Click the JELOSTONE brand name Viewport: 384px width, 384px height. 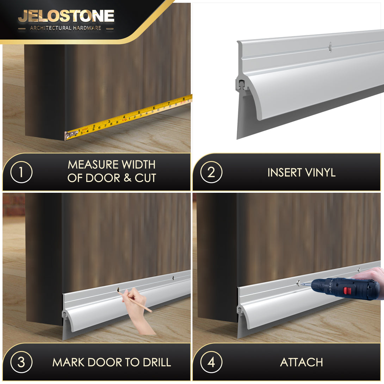tap(66, 16)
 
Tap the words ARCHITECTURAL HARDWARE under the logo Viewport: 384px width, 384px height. tap(66, 28)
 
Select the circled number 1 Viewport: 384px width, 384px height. tap(21, 172)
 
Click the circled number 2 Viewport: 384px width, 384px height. tap(211, 172)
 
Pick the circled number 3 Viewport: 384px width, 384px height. tap(21, 362)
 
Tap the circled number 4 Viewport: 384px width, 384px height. tap(211, 362)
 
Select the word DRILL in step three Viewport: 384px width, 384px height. tap(157, 363)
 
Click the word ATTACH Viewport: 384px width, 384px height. tap(302, 362)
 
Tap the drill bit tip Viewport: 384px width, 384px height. tap(301, 284)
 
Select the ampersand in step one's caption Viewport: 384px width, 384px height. tap(127, 178)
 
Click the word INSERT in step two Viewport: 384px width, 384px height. tap(285, 172)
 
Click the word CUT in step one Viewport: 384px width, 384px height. tap(145, 178)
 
